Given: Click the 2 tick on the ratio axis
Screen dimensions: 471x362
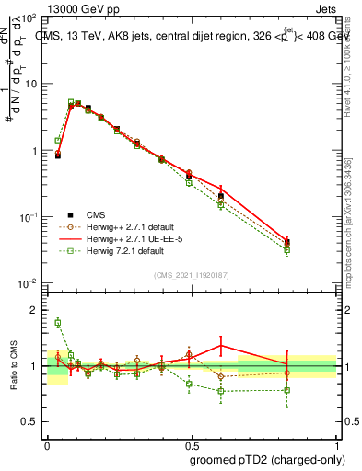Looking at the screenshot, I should coord(35,310).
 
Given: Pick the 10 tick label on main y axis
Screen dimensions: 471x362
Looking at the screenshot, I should coord(30,84).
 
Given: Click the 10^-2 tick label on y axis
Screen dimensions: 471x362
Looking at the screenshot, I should coord(29,283).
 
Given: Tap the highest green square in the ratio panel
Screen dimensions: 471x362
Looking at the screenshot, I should coord(57,322).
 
